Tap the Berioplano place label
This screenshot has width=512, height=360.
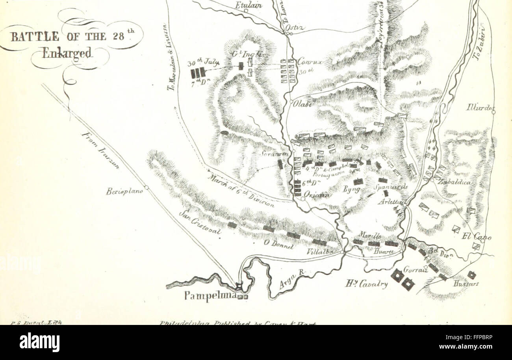click(x=123, y=191)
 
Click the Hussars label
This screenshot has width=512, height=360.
click(x=466, y=284)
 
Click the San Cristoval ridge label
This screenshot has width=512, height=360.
click(x=199, y=223)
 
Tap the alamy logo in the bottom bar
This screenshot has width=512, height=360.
click(x=40, y=342)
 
